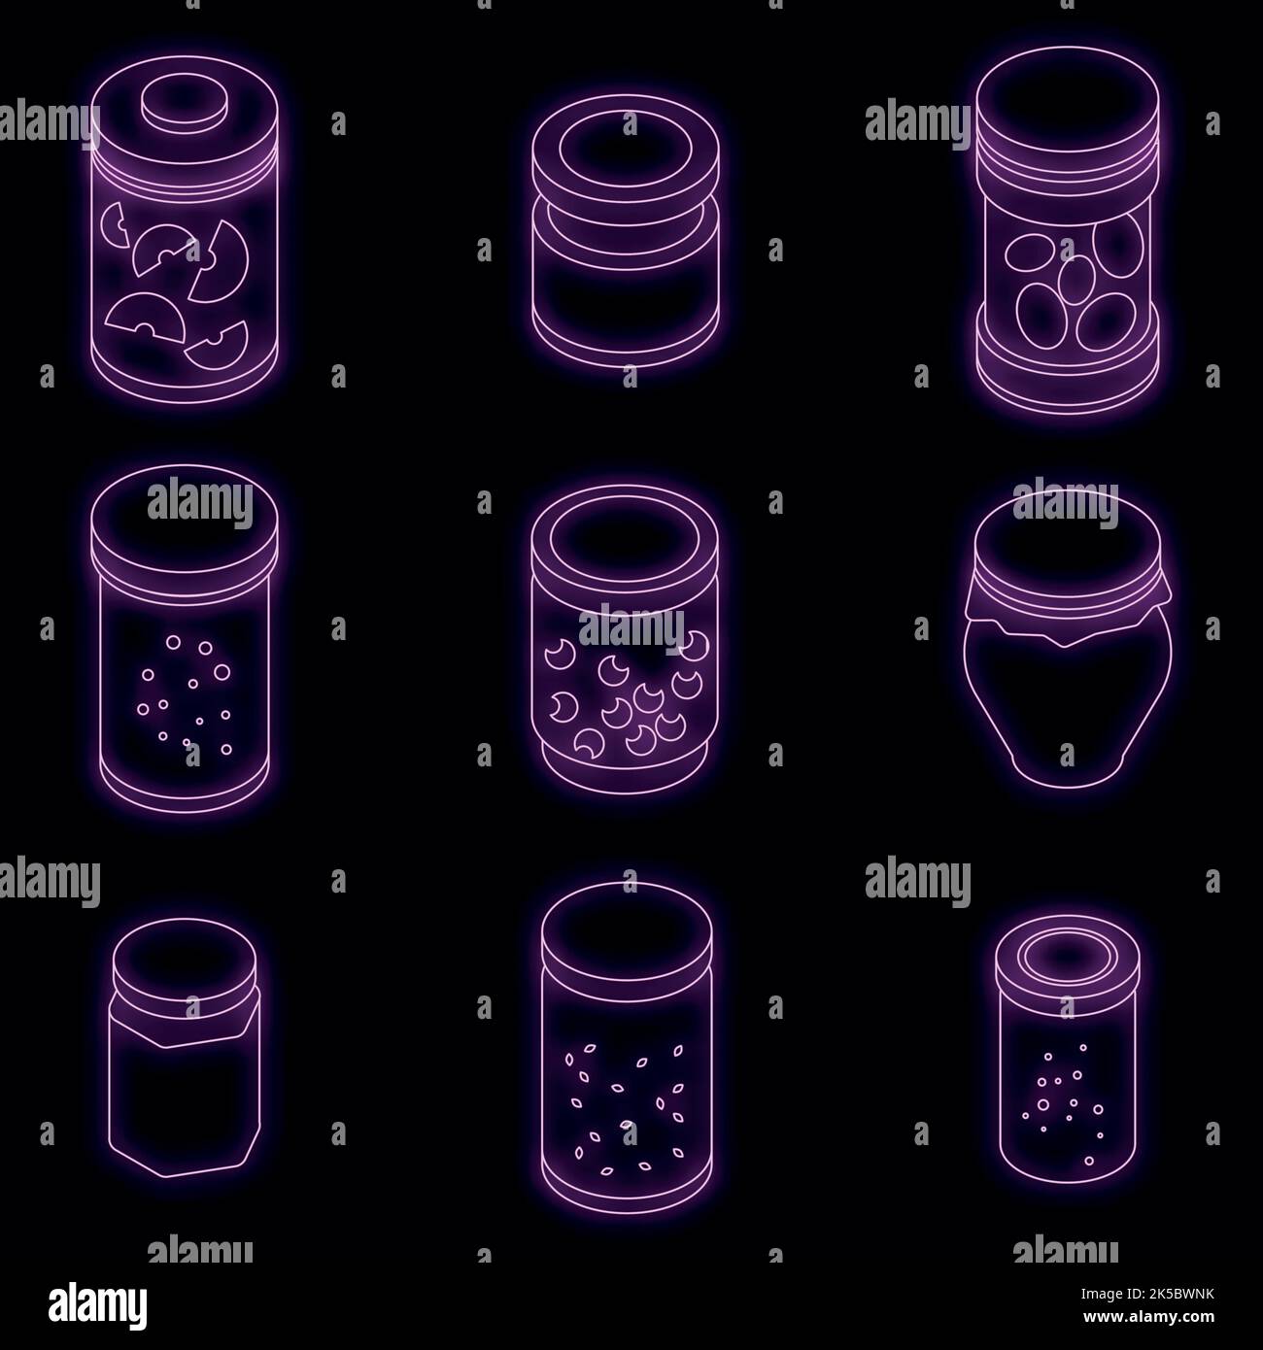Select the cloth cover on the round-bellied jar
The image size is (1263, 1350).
tap(1067, 607)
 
